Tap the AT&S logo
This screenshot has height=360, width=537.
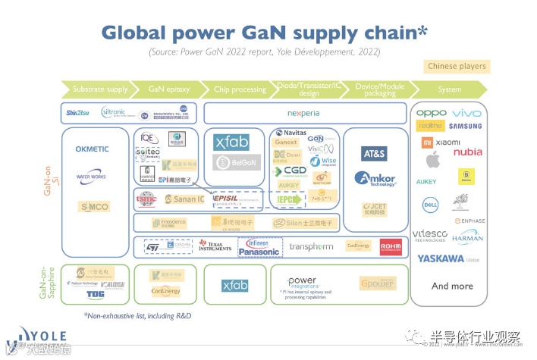[x=375, y=153]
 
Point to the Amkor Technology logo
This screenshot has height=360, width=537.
[x=374, y=180]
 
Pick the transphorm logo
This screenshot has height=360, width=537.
[x=311, y=247]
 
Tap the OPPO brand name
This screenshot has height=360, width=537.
[x=430, y=114]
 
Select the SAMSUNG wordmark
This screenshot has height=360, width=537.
[x=465, y=126]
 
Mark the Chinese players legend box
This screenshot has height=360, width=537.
[x=457, y=67]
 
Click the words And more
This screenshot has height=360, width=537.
[x=452, y=286]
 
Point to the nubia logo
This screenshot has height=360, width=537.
[x=468, y=152]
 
